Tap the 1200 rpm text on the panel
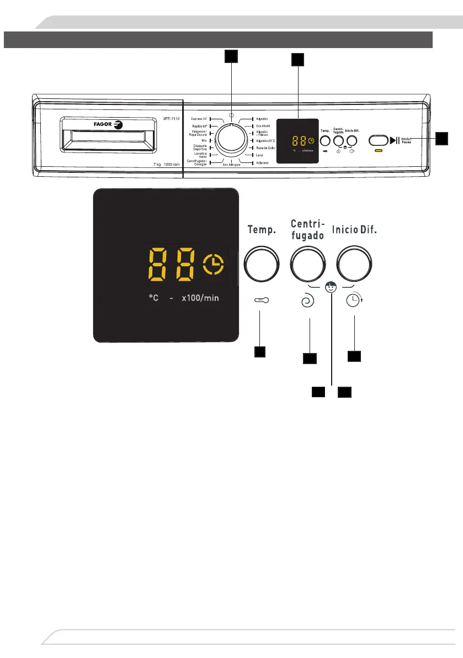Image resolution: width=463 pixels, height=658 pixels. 169,165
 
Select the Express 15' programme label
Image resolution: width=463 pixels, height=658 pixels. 198,119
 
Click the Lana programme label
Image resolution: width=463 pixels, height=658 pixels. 259,155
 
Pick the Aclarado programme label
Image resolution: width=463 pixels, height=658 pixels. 262,163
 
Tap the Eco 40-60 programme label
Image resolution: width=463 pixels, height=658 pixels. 262,126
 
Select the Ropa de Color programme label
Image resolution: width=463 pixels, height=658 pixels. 265,148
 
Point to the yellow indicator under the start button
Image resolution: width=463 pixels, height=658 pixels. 379,150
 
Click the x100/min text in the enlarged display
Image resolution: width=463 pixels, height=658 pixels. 200,298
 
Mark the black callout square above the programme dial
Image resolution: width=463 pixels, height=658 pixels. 231,56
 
